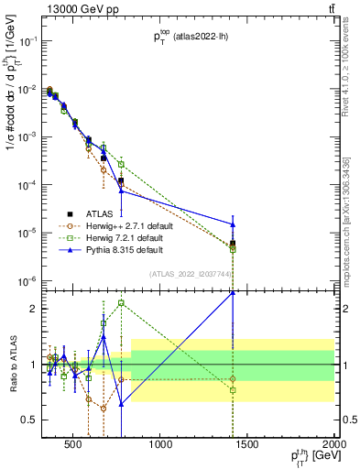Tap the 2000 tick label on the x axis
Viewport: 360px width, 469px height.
(x=333, y=448)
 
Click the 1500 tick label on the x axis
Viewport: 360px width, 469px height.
(x=247, y=448)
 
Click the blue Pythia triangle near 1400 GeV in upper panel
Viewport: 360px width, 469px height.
(x=233, y=224)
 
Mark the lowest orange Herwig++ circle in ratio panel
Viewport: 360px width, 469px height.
(x=104, y=409)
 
